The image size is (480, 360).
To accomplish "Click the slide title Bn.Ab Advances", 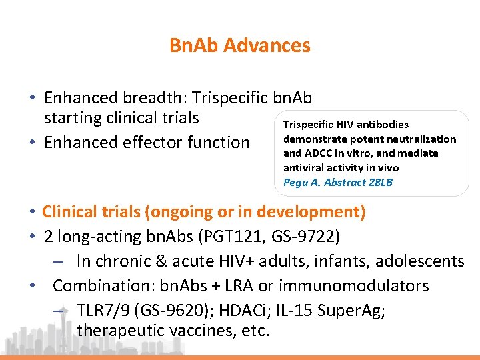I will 239,45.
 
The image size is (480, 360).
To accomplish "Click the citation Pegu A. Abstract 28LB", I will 338,181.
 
